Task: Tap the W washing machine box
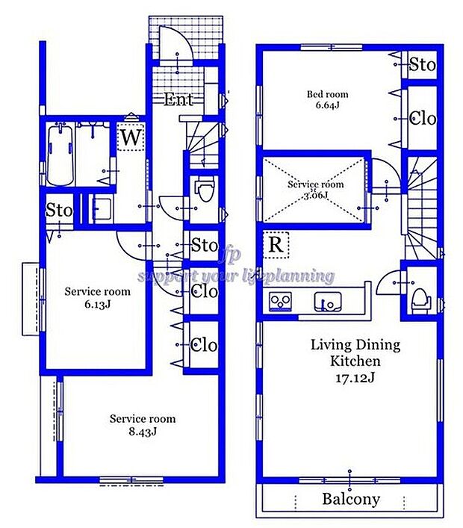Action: [x=131, y=138]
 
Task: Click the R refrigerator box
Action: [x=275, y=245]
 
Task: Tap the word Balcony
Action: [x=350, y=499]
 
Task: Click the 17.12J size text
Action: [x=355, y=377]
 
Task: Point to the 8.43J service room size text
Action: [x=142, y=431]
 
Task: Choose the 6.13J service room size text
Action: [x=97, y=304]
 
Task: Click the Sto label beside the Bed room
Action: [x=422, y=65]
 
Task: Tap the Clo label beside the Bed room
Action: [x=423, y=119]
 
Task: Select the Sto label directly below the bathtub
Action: [x=59, y=211]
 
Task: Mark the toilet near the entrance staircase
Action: [x=203, y=192]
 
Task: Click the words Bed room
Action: [x=327, y=95]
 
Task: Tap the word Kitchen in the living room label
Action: [x=355, y=361]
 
